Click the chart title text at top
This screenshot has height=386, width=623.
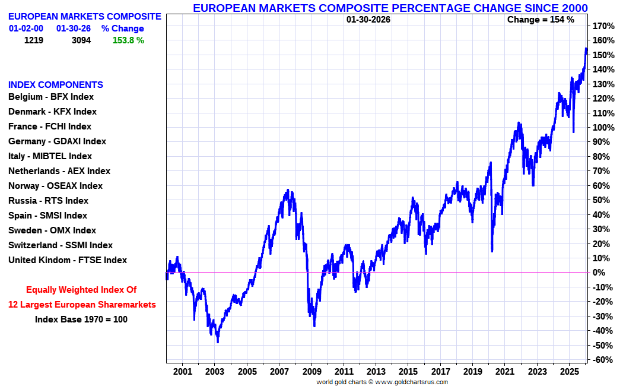390,8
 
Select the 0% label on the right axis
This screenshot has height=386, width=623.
600,273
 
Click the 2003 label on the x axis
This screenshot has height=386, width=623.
215,372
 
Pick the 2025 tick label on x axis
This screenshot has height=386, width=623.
569,372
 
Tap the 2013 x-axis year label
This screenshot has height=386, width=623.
376,372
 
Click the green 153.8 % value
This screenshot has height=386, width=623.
128,40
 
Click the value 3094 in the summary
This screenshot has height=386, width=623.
81,40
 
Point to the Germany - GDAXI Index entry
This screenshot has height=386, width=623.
57,141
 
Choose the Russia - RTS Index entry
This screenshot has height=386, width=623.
48,201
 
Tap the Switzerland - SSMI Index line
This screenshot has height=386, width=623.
60,245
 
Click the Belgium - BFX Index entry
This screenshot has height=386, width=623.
51,97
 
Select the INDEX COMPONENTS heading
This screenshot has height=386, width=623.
56,85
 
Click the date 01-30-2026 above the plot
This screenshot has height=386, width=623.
368,20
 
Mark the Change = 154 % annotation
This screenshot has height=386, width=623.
541,20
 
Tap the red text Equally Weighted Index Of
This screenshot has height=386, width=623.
81,290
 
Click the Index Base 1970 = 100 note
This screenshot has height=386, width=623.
81,319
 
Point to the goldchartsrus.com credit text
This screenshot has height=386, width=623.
382,382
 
